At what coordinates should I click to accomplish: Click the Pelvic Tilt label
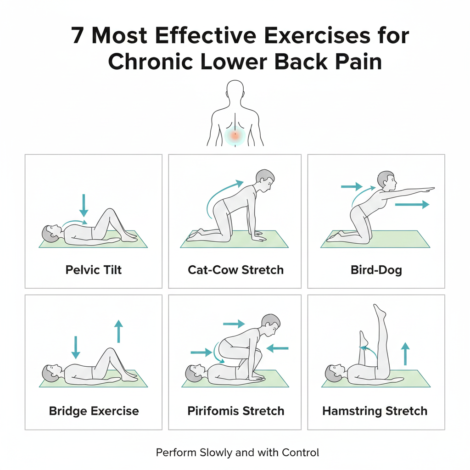[94, 270]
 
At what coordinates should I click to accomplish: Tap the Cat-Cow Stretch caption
[235, 270]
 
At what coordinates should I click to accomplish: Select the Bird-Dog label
[376, 270]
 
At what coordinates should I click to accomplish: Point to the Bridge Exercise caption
[94, 411]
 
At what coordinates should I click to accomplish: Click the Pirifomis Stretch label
[235, 411]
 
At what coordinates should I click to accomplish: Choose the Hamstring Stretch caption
[375, 411]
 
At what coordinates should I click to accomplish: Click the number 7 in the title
[77, 36]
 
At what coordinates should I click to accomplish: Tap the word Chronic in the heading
[150, 62]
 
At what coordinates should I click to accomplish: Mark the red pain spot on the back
[235, 136]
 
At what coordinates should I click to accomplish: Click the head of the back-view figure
[235, 90]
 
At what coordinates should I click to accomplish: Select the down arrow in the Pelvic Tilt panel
[84, 205]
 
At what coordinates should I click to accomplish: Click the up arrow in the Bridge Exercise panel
[119, 331]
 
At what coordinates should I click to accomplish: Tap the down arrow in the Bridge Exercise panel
[76, 347]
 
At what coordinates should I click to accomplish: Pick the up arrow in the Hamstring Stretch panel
[405, 354]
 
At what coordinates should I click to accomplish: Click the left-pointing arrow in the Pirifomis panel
[277, 348]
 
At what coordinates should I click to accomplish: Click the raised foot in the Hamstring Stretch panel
[379, 312]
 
